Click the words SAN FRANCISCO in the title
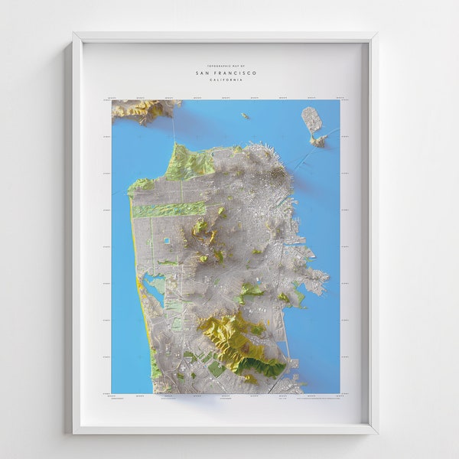[x=226, y=73]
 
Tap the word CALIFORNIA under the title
[x=226, y=80]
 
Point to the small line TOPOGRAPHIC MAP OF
[x=226, y=67]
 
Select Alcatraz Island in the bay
[x=244, y=116]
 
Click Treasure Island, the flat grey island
[x=311, y=119]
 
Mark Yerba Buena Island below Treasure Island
[x=318, y=141]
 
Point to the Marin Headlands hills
[x=142, y=110]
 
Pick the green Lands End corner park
[x=141, y=184]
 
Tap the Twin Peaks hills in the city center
[x=200, y=229]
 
